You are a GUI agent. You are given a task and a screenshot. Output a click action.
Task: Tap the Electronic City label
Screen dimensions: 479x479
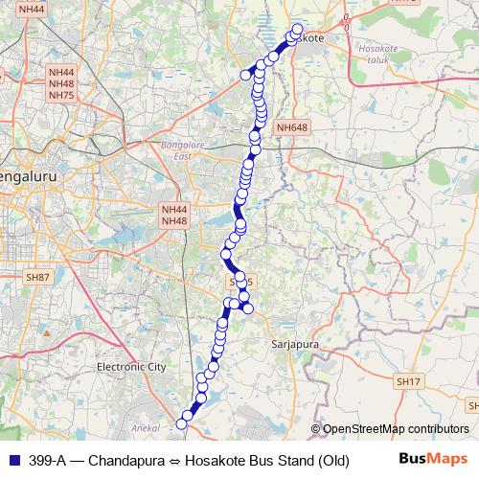coord(131,367)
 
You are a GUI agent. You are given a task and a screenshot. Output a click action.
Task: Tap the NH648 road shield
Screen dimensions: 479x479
coord(291,126)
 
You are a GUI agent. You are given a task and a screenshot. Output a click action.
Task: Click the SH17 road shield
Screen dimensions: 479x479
coord(407,381)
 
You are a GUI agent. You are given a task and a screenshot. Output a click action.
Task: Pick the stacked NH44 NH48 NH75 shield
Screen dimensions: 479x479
coord(61,83)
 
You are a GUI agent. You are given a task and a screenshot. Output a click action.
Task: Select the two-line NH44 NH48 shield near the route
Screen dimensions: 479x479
coord(174,215)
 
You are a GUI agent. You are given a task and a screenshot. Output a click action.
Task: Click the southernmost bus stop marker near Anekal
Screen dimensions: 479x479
coord(182,423)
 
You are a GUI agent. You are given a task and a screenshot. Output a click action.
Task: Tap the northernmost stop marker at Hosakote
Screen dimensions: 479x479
coord(297,29)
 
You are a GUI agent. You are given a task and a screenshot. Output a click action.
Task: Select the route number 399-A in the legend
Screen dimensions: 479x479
coord(46,461)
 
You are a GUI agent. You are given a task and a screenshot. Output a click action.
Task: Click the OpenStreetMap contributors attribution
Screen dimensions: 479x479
coord(395,430)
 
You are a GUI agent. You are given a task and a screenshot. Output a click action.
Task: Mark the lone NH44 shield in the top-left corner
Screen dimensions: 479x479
coord(31,9)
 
